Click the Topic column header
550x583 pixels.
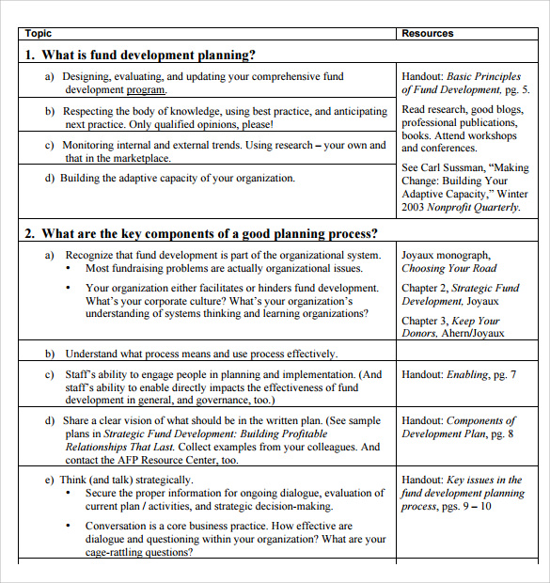(39, 33)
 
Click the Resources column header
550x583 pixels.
(428, 33)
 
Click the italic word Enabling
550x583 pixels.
(467, 374)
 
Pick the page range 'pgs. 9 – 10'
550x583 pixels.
(467, 506)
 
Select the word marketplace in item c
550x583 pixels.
(138, 158)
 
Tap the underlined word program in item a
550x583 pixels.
(147, 90)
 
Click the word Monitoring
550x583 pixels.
(89, 145)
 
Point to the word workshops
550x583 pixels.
(493, 135)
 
